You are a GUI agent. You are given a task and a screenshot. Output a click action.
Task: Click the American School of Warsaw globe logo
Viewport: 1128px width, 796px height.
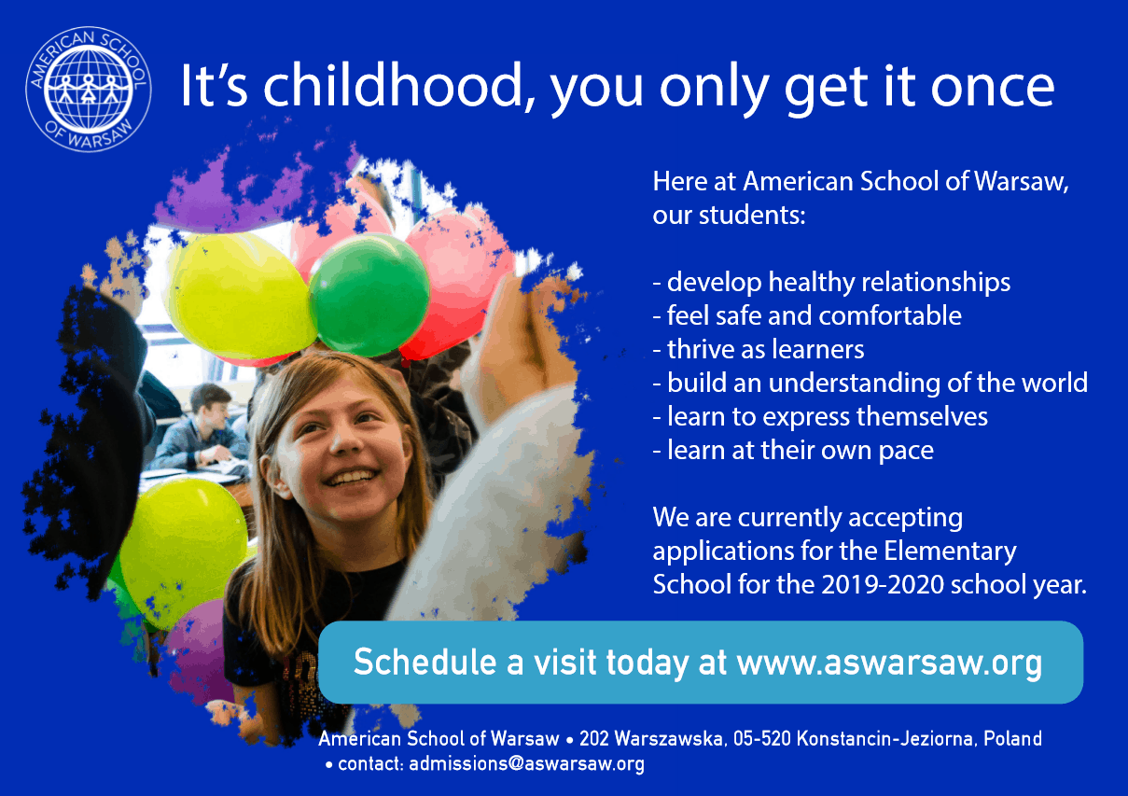89,90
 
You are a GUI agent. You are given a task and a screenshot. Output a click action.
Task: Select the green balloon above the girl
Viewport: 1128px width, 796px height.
369,295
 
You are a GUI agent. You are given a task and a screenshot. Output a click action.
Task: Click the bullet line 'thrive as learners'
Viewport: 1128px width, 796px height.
759,349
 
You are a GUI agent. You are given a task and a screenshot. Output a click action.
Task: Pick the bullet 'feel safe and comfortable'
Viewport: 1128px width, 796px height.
807,316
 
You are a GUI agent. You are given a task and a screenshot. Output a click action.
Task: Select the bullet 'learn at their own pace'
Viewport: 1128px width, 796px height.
793,450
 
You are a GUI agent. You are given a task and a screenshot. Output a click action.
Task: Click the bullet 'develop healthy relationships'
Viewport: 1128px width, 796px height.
831,282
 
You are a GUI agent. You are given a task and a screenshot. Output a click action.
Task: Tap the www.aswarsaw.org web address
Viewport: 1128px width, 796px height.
889,662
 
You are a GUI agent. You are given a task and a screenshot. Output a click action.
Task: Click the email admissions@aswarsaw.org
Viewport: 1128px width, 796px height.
527,763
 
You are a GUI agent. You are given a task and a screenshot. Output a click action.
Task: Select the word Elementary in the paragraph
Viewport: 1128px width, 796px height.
950,552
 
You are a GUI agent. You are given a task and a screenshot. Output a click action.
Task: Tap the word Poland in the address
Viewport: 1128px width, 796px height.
1012,738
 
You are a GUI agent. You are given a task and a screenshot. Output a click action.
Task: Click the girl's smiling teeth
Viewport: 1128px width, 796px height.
351,476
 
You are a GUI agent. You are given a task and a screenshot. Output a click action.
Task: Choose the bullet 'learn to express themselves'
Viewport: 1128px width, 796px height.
820,416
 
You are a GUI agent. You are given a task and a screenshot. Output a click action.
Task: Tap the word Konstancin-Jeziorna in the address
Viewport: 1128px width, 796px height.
887,738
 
